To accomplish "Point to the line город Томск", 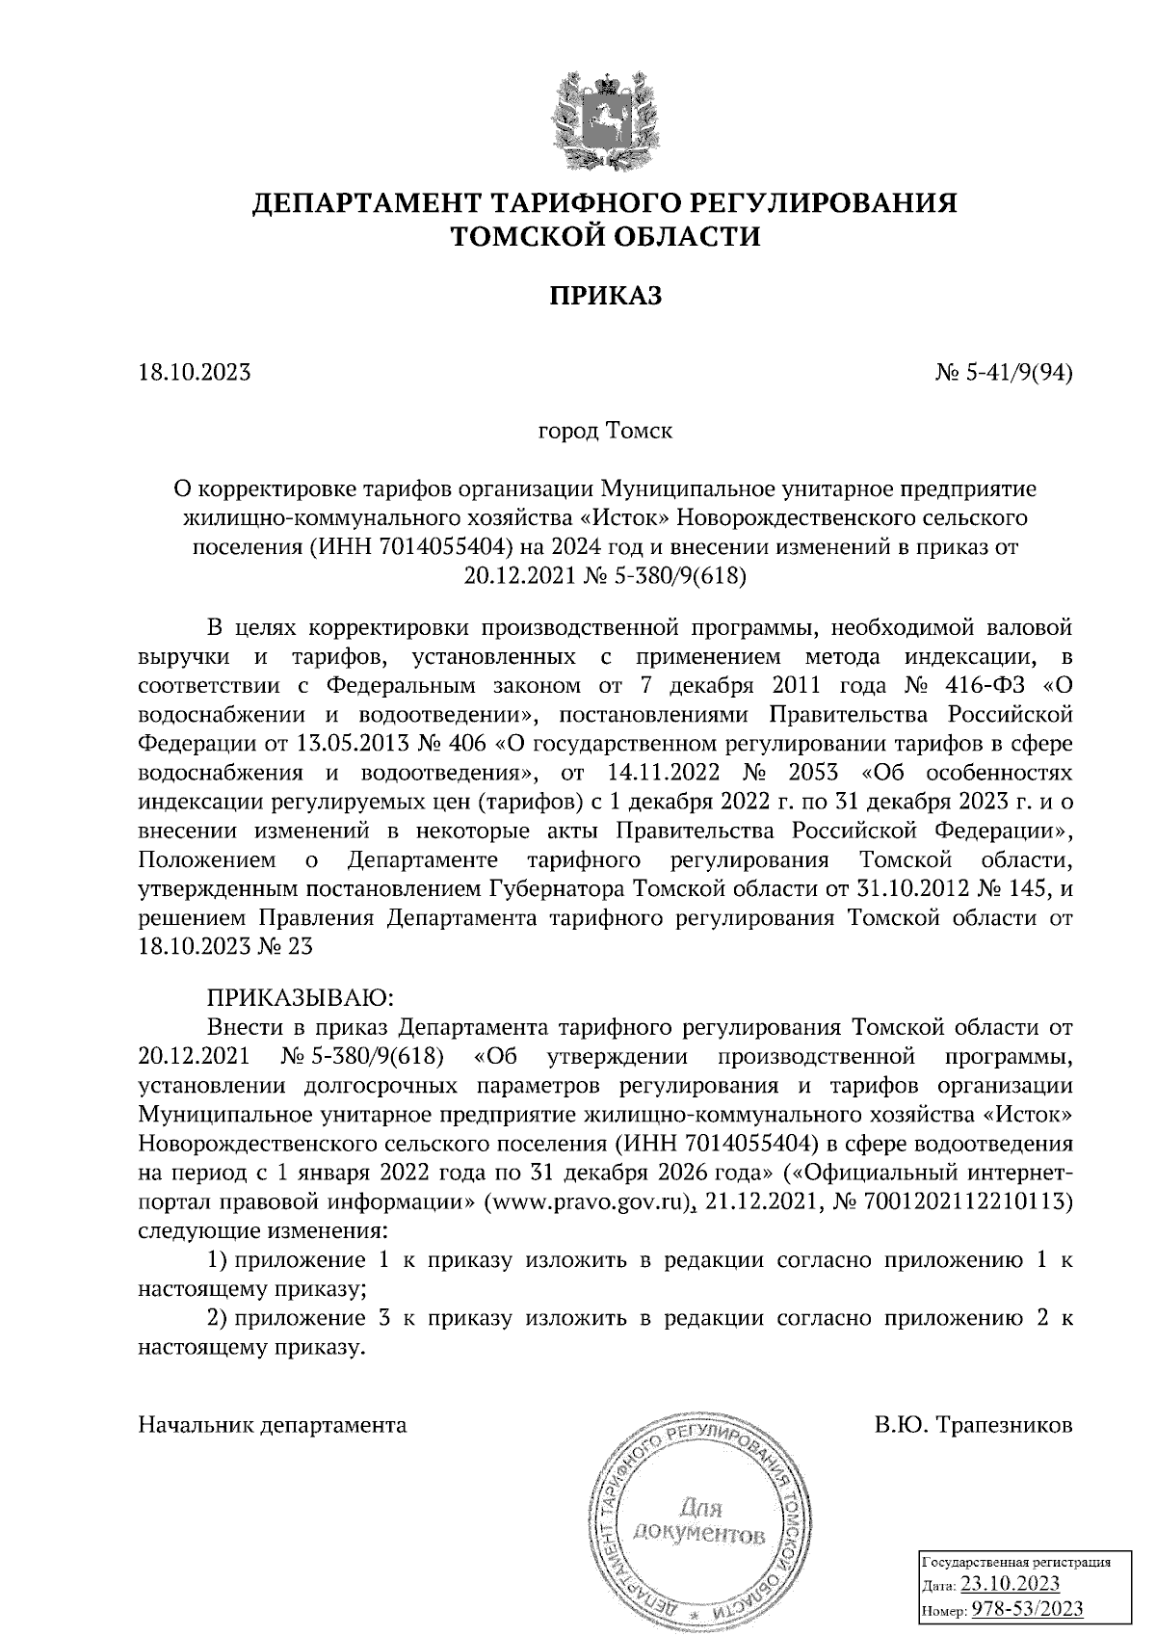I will (x=605, y=431).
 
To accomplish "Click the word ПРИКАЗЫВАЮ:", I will (x=295, y=994).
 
